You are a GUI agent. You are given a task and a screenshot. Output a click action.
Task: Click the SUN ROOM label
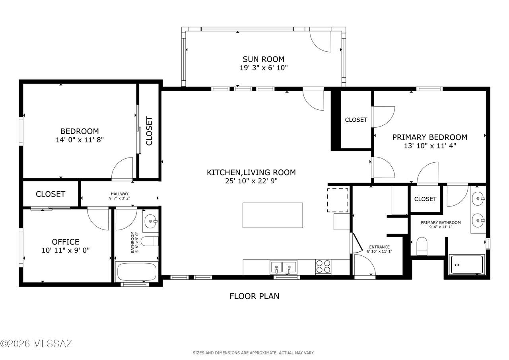coord(263,59)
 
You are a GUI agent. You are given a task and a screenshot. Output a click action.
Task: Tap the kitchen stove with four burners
coord(323,267)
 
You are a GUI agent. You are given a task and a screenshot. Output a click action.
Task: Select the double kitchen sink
coord(283,267)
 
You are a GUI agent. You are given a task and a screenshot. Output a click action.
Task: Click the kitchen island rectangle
coord(273,215)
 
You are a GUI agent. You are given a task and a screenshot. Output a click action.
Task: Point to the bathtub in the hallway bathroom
coord(136,272)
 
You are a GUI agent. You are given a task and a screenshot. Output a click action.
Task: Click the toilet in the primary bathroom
coord(422,246)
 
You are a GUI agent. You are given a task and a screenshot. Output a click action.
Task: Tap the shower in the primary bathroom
coord(467,265)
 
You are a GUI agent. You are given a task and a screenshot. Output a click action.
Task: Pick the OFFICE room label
coord(66,241)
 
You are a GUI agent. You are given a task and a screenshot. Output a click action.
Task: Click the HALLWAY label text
coord(120,194)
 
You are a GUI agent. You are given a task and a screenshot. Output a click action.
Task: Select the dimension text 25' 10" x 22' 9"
coord(251,181)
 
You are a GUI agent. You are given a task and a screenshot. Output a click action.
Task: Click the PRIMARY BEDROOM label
coord(430,137)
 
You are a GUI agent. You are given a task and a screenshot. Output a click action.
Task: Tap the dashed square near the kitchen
coord(338,200)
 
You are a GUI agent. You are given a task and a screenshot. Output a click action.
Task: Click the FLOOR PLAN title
coord(254,296)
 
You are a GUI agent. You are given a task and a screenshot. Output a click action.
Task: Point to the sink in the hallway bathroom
coord(150,221)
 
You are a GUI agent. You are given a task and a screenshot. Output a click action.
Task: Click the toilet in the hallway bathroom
coord(150,241)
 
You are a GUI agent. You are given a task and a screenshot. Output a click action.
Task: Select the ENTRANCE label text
coord(379,247)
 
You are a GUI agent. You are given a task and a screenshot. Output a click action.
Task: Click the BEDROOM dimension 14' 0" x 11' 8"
coord(80,140)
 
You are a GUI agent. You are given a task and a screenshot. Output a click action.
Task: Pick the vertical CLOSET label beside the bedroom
coord(149,131)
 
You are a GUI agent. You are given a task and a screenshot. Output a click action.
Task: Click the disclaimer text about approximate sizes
coord(254,353)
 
